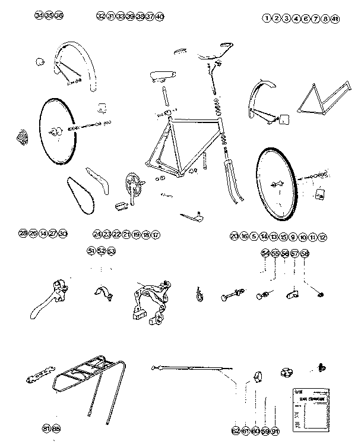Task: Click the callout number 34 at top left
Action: point(39,15)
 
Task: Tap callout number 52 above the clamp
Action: point(102,251)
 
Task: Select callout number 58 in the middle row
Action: point(305,254)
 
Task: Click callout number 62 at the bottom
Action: point(236,430)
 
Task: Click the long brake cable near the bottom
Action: point(190,368)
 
